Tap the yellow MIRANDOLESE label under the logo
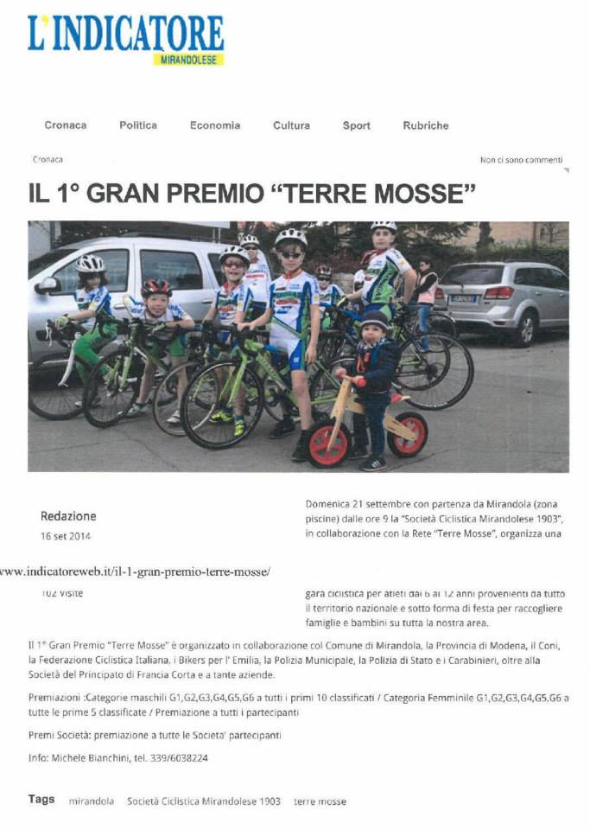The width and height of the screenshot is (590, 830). click(189, 60)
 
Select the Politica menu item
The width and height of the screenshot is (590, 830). click(138, 125)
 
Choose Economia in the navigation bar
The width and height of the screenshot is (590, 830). click(215, 125)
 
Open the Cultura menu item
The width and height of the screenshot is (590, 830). click(291, 125)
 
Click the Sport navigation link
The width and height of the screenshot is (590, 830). click(356, 125)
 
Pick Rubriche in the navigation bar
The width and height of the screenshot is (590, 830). click(426, 125)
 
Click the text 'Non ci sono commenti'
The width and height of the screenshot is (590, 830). click(521, 160)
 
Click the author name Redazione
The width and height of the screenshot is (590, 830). click(68, 516)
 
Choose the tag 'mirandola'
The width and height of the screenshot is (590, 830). click(92, 801)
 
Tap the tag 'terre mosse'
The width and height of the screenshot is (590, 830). click(320, 801)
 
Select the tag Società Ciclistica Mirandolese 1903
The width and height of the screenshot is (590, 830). click(204, 801)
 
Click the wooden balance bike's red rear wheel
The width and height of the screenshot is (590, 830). click(407, 434)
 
